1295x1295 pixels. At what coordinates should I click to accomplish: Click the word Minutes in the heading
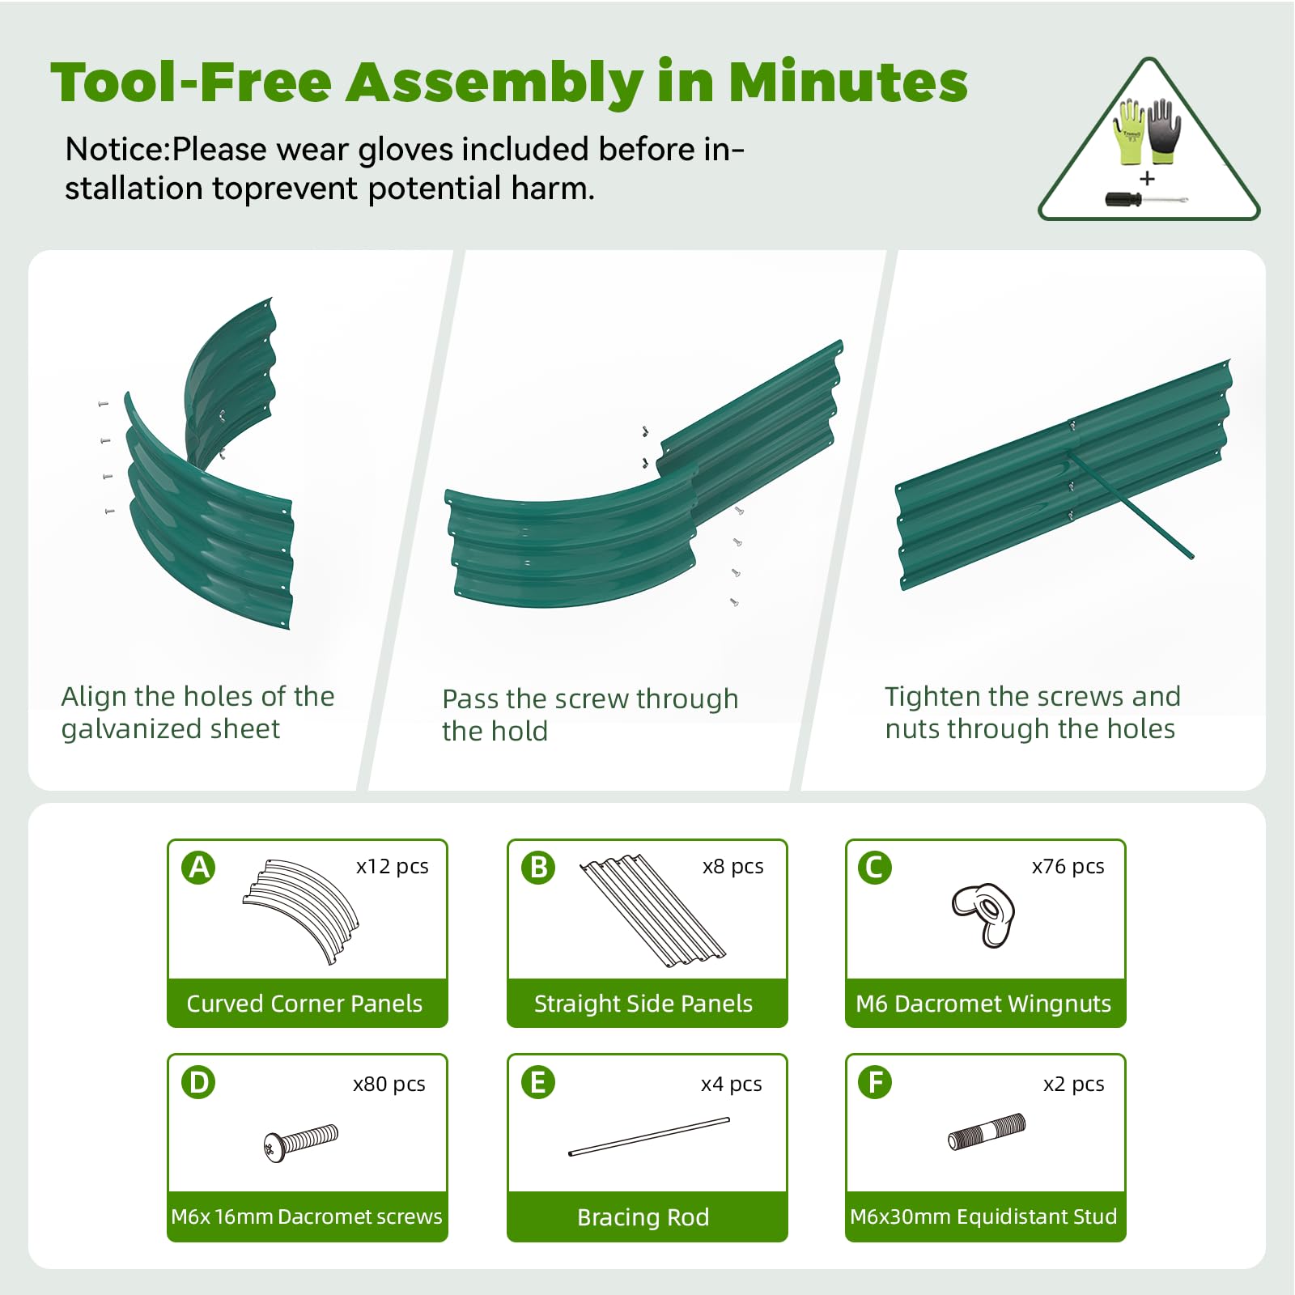(x=848, y=83)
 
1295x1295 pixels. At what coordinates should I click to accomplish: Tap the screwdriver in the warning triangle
(x=1146, y=199)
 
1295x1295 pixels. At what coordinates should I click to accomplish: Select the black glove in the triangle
(x=1165, y=130)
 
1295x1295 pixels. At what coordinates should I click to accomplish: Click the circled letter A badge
(x=199, y=868)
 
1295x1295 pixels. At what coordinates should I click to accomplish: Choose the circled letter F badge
(x=875, y=1082)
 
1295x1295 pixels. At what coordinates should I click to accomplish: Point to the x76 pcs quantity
(x=1068, y=866)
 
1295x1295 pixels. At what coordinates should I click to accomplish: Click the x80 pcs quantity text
(x=388, y=1084)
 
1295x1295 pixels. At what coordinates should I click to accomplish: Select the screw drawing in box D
(x=301, y=1143)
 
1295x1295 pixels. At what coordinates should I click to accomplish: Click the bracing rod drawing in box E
(x=649, y=1136)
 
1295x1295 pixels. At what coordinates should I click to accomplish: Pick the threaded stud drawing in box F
(x=987, y=1132)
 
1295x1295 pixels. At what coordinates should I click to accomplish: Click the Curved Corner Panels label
(x=304, y=1004)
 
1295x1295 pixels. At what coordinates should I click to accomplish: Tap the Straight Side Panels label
(x=643, y=1004)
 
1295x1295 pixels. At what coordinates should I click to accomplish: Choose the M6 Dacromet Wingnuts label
(x=983, y=1004)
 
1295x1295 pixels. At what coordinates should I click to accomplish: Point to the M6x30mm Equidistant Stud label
(x=983, y=1216)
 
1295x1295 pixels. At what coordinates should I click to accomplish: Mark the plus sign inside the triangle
(x=1147, y=178)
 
